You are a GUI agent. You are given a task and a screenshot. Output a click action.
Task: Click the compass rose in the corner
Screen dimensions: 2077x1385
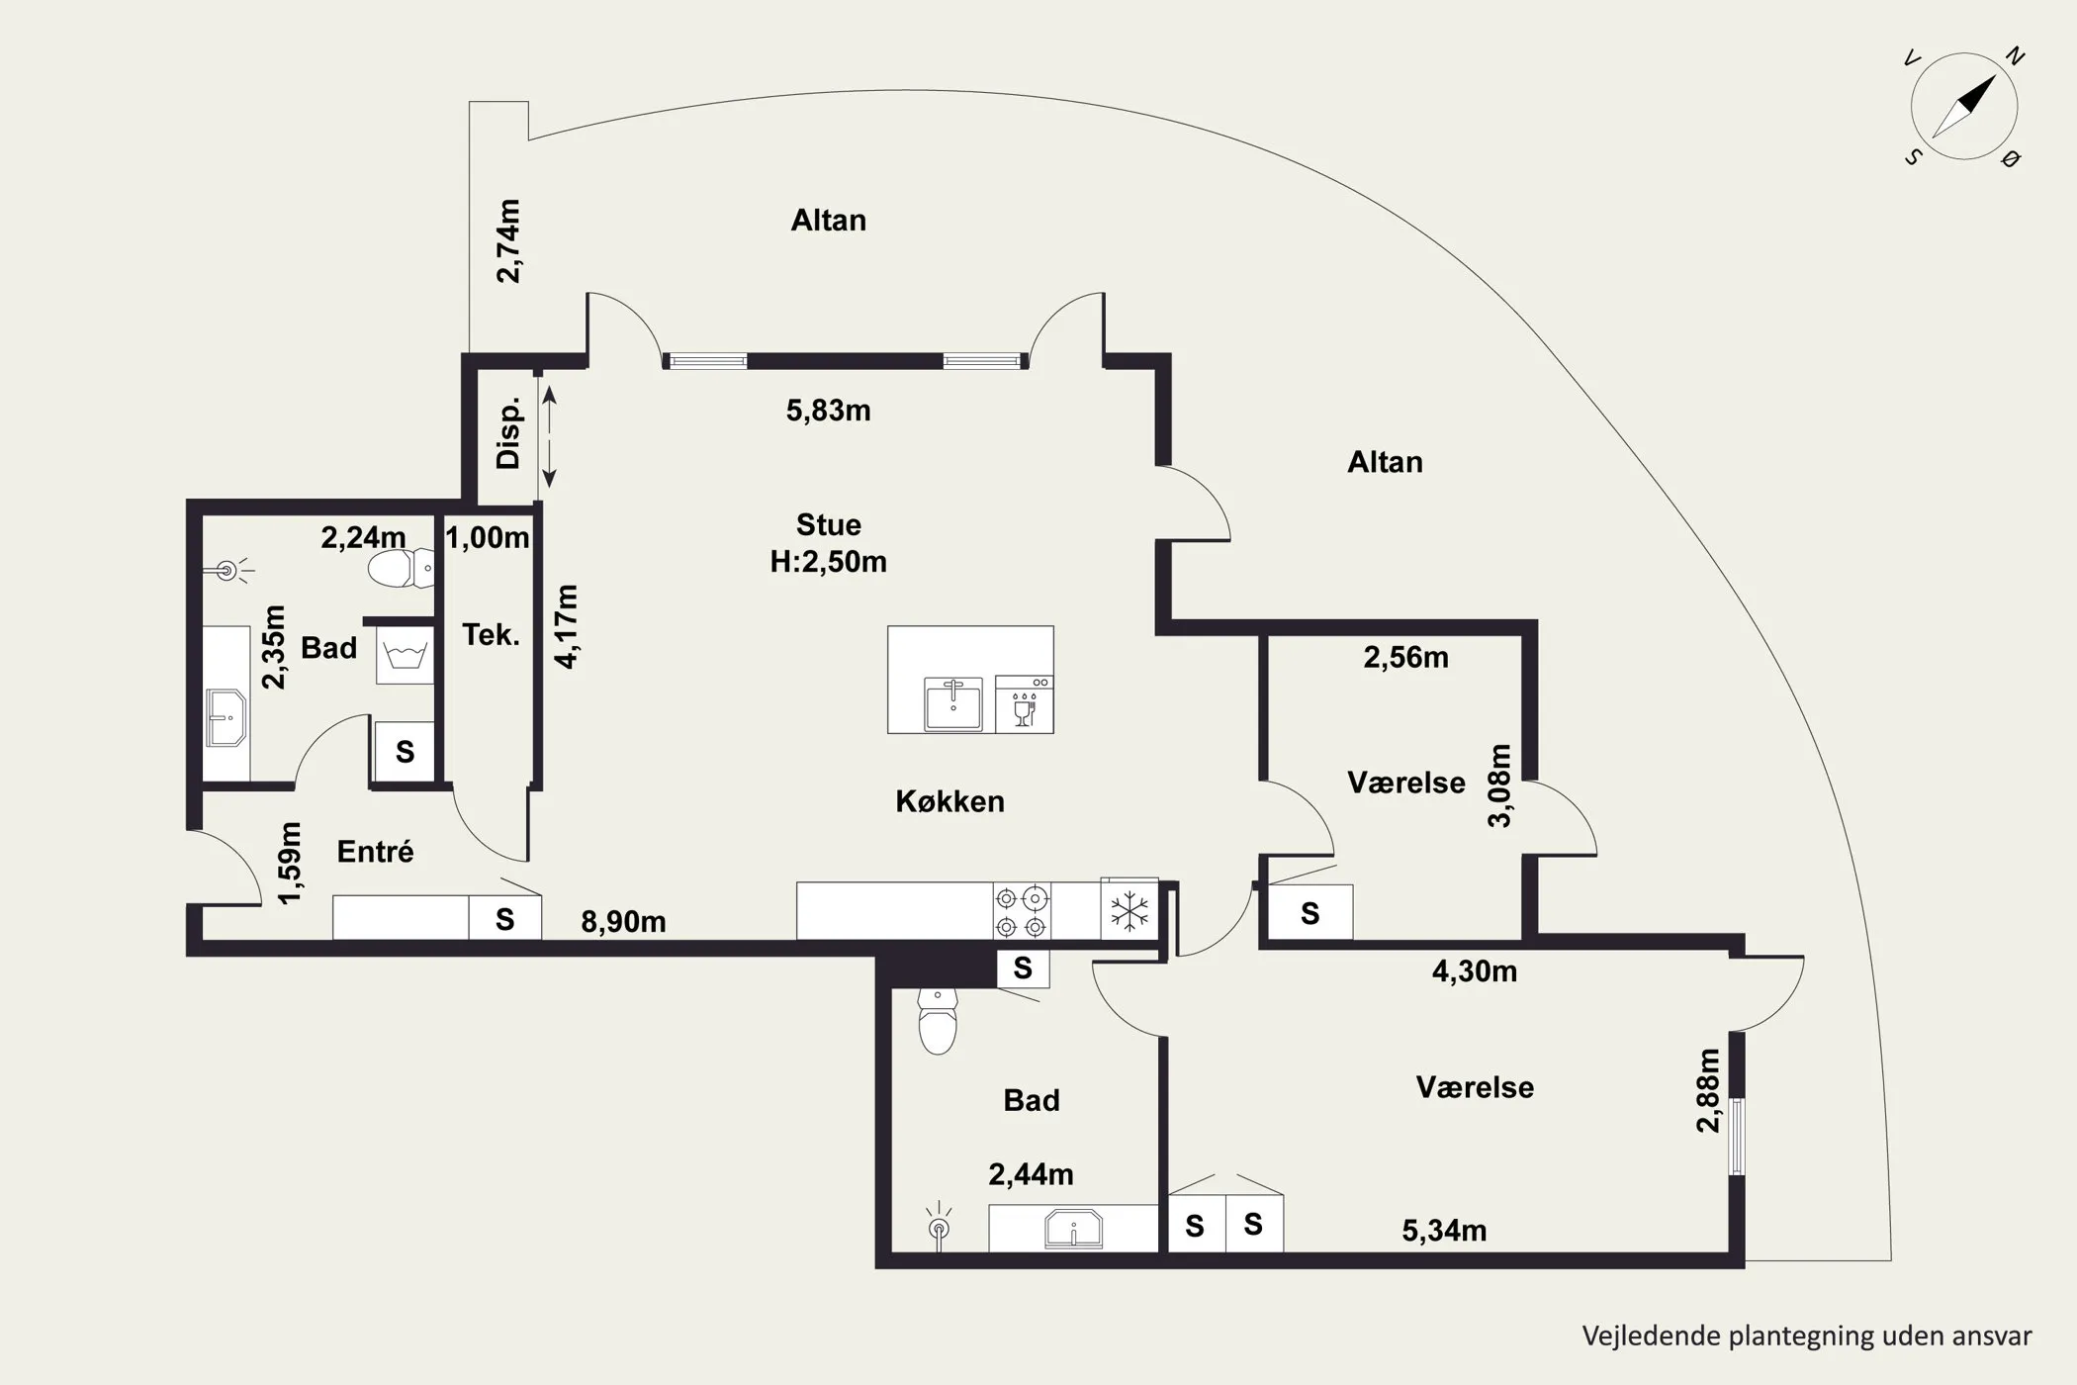coord(1964,107)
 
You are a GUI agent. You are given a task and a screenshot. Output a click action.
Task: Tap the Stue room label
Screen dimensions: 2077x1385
coord(829,524)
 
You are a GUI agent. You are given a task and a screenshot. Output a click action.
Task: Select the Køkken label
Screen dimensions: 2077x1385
coord(949,801)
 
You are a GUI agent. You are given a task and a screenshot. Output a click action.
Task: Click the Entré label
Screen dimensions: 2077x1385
coord(375,851)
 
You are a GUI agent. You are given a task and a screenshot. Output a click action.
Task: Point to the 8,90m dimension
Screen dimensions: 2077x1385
coord(623,922)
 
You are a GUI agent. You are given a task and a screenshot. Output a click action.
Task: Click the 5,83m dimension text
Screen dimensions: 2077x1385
coord(829,411)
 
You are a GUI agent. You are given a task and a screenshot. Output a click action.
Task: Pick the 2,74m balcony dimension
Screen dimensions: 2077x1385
coord(508,241)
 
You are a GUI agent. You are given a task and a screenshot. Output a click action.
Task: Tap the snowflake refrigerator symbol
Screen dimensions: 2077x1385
coord(1129,911)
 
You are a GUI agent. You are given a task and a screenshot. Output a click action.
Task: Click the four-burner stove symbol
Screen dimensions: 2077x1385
coord(1022,911)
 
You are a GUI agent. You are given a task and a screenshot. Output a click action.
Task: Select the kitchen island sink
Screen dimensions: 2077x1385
coord(953,703)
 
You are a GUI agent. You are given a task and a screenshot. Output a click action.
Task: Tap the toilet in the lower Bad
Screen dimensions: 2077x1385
coord(937,1020)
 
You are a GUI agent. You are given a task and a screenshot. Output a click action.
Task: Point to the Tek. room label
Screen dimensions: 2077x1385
coord(491,634)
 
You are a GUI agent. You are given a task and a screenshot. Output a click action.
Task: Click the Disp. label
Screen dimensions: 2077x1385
coord(508,433)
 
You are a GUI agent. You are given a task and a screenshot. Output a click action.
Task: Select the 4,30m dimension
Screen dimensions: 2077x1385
coord(1475,971)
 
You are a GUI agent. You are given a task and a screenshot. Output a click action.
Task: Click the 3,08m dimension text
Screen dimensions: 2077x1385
coord(1501,785)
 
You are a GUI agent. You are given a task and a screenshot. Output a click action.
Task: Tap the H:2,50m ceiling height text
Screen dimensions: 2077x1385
coord(829,562)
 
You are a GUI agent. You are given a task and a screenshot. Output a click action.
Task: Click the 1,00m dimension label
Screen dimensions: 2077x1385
coord(488,538)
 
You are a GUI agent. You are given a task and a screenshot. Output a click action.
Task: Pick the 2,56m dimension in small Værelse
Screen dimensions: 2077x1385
coord(1405,658)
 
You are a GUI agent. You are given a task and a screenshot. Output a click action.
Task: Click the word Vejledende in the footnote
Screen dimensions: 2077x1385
coord(1652,1337)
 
